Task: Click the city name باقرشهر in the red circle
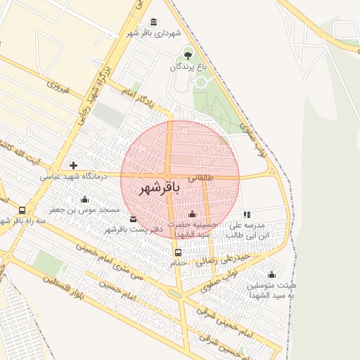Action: click(x=160, y=188)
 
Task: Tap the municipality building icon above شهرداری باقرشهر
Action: click(x=155, y=22)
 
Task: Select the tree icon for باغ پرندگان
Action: click(x=188, y=53)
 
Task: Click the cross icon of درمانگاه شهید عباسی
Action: click(x=73, y=165)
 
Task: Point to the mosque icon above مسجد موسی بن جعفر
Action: click(x=85, y=199)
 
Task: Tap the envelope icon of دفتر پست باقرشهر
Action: click(x=134, y=219)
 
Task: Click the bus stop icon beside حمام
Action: click(x=178, y=252)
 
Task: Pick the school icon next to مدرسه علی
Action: click(x=247, y=214)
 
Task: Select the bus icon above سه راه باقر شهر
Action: click(x=22, y=210)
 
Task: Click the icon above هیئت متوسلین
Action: click(x=272, y=274)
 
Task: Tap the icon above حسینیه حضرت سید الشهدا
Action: click(x=193, y=214)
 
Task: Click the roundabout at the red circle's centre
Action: click(x=168, y=176)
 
